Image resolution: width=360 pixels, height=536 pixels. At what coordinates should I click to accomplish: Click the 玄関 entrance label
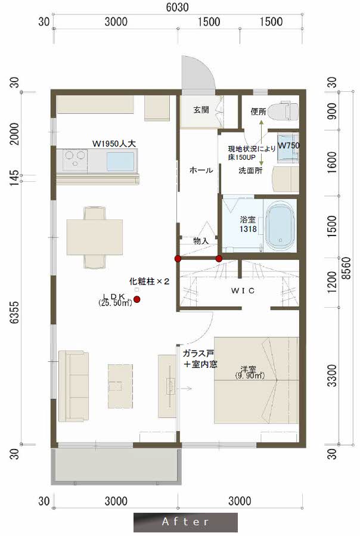(201, 110)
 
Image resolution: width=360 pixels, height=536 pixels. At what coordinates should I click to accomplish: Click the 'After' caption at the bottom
(185, 522)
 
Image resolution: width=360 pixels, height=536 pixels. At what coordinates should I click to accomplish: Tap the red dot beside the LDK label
(137, 299)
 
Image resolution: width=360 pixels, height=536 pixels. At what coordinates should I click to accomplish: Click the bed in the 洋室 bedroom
(256, 379)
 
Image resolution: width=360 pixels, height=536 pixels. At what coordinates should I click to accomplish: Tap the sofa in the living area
(73, 386)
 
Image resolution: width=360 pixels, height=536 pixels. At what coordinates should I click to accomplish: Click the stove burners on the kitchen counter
(75, 160)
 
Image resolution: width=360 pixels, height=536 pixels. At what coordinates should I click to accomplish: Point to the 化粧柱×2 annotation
(149, 281)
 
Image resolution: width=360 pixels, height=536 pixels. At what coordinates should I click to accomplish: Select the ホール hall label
(201, 171)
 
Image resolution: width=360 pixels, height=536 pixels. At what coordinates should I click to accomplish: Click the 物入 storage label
(200, 241)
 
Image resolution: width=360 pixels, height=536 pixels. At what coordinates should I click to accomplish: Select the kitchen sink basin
(120, 161)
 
